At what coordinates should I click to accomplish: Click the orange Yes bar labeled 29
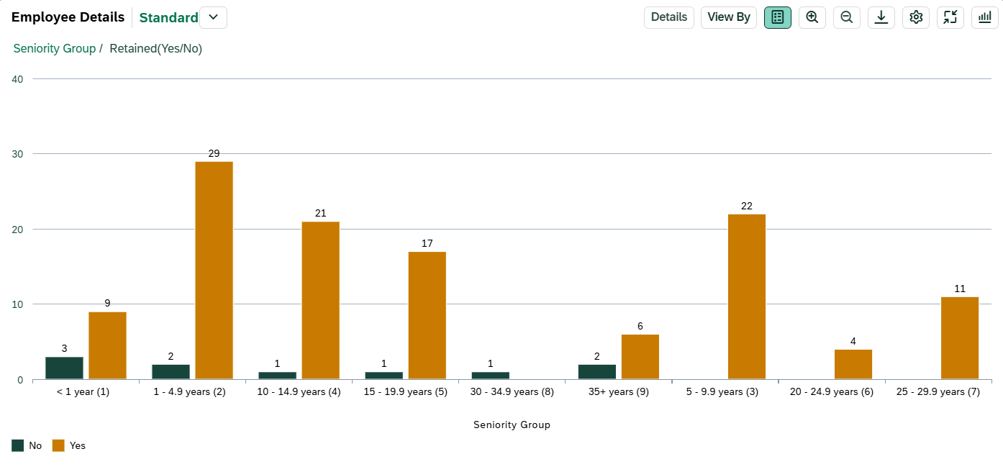coord(214,270)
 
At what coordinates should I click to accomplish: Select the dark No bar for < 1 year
coord(64,368)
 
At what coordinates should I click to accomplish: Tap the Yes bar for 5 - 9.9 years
coord(746,296)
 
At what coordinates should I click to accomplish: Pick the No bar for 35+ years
coord(596,371)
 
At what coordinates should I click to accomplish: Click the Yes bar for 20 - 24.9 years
coord(853,364)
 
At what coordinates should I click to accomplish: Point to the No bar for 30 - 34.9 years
coord(490,375)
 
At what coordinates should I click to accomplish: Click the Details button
coord(668,17)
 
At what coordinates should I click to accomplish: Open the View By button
coord(728,17)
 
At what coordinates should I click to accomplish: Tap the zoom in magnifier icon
coord(812,17)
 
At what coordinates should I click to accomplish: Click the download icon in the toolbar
coord(881,17)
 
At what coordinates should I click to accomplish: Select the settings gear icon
coord(916,17)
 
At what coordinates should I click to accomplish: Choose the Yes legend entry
coord(70,446)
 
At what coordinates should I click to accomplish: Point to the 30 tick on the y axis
coord(17,154)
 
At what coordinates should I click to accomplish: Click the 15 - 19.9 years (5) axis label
coord(405,392)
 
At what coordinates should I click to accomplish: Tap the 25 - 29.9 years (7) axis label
coord(938,392)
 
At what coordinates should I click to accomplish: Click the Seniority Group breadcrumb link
coord(55,48)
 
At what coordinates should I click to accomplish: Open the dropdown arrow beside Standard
coord(213,17)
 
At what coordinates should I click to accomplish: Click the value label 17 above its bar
coord(427,243)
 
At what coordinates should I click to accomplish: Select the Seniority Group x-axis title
coord(512,425)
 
